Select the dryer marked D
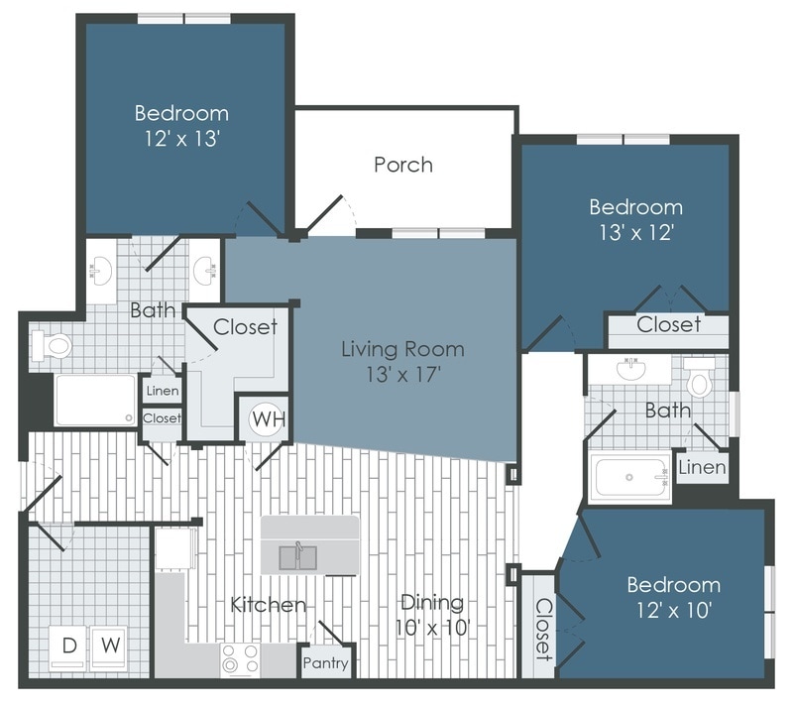[69, 646]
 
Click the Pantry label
[325, 662]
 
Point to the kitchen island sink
[296, 556]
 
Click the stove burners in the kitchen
[239, 656]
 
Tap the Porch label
[403, 165]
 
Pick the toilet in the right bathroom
[700, 380]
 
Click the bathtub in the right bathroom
[630, 478]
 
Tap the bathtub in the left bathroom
[95, 400]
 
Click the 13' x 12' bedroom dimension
[635, 232]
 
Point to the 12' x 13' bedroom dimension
[181, 138]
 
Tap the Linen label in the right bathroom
[703, 466]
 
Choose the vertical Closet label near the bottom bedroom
[542, 629]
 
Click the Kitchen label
[268, 604]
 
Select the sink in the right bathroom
[630, 370]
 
